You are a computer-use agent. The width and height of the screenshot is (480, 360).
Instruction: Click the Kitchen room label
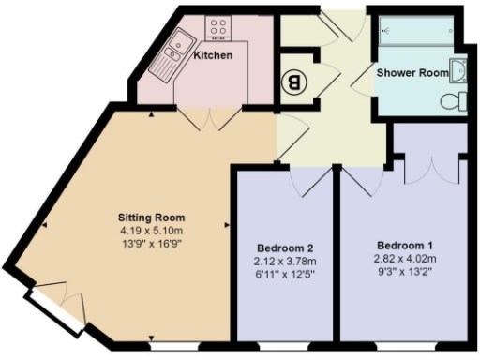(x=213, y=55)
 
